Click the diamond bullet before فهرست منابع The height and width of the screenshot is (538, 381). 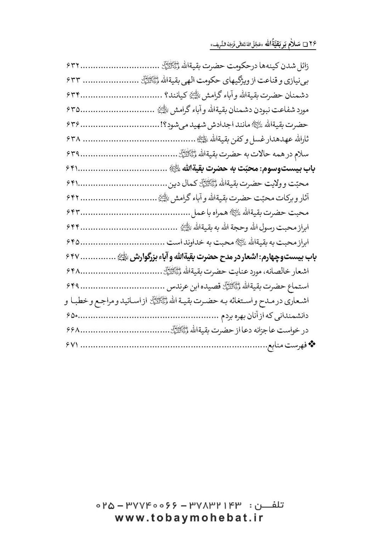314,344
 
